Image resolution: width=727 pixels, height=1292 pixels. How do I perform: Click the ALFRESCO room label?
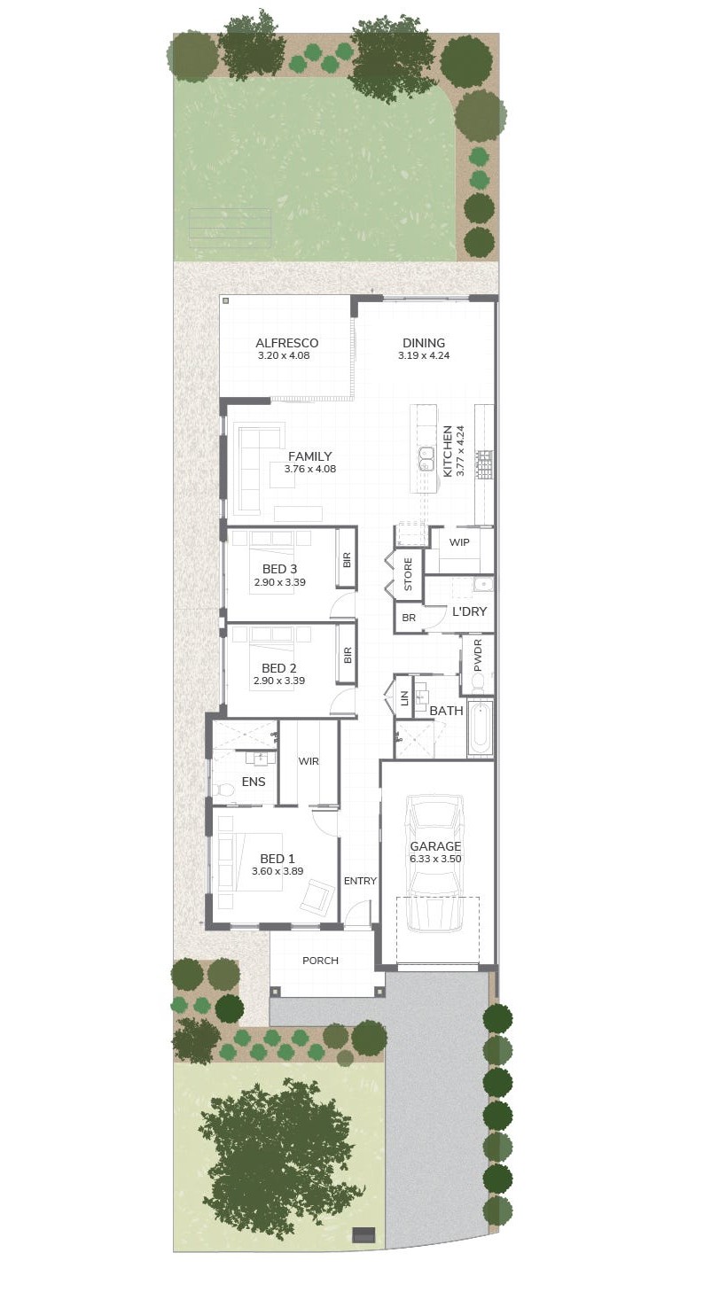click(x=286, y=343)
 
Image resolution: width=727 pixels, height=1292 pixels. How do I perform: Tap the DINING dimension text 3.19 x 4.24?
click(x=424, y=355)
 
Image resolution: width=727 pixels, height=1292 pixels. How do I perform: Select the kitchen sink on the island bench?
click(x=426, y=458)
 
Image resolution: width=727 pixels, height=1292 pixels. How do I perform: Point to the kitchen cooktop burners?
click(x=484, y=465)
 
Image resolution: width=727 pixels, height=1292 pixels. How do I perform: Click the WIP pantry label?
click(x=459, y=542)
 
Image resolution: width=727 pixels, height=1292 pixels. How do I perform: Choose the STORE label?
click(x=408, y=574)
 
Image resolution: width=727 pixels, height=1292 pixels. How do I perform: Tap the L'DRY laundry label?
click(x=469, y=611)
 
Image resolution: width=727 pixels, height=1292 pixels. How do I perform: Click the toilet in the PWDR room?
click(x=478, y=682)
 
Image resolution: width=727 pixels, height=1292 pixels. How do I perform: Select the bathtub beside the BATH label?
click(x=480, y=728)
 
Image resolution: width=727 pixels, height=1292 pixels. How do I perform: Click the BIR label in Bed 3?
click(x=347, y=560)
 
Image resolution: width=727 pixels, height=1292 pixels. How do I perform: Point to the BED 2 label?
click(x=278, y=668)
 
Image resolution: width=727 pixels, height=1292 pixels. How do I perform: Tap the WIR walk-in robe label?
click(x=309, y=761)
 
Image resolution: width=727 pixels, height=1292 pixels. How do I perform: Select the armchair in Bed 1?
click(x=317, y=895)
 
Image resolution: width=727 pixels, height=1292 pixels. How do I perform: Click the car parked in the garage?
click(x=434, y=863)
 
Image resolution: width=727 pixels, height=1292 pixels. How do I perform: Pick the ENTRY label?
click(x=360, y=881)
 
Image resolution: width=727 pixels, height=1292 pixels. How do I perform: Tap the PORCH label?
click(x=320, y=961)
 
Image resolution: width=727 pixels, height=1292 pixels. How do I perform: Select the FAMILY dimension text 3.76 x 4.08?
click(x=309, y=469)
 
